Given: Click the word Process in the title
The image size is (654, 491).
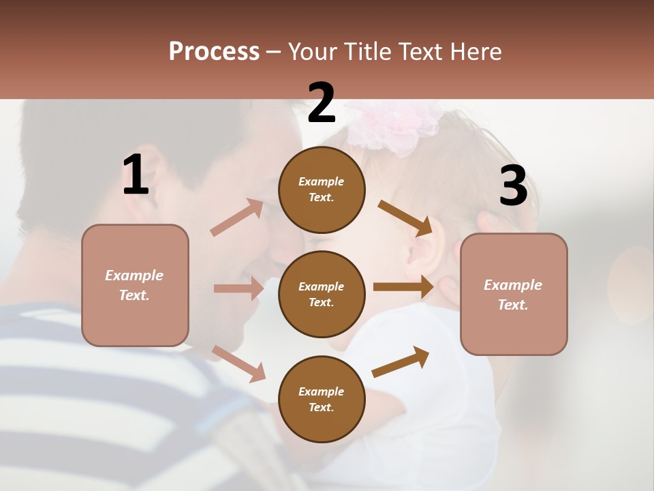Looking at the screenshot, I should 214,52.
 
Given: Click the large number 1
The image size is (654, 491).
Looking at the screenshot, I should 136,175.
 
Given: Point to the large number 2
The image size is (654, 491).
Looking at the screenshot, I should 322,103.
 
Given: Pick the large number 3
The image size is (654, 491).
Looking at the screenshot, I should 513,186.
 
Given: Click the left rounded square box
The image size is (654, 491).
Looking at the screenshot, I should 135,285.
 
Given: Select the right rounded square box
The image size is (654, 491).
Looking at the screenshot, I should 514,294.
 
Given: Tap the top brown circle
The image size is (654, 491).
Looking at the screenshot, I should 322,190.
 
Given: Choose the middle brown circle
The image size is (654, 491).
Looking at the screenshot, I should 322,294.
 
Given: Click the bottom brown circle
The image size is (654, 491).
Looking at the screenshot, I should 322,399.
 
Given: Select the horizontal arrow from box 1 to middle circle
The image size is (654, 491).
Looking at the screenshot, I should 238,288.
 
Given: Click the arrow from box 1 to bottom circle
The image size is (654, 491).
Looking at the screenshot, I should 238,363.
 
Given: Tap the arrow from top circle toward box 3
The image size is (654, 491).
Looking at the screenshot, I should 405,218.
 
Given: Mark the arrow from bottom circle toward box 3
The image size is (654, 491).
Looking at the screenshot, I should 401,362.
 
